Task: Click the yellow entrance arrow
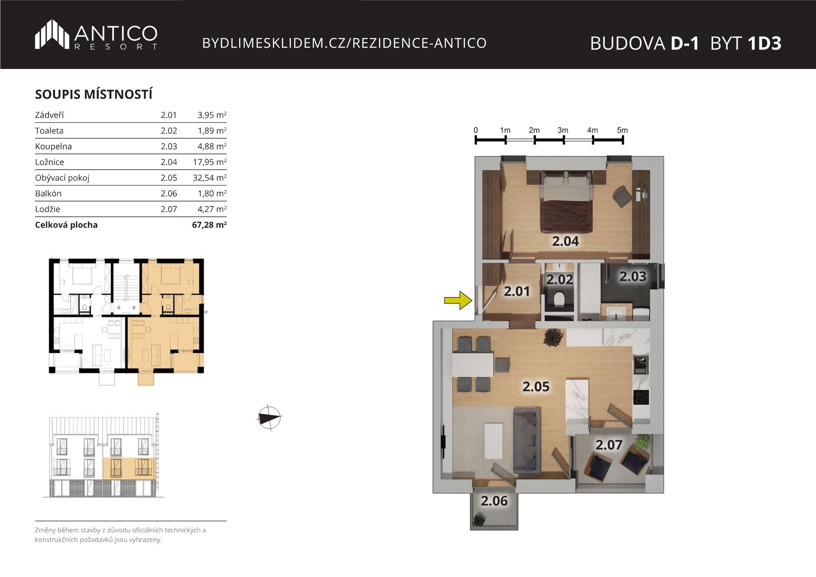[x=458, y=300]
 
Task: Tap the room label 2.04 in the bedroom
[x=565, y=241]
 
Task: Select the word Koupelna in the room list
[x=53, y=146]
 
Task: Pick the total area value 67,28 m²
[x=209, y=225]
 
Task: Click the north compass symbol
[x=269, y=418]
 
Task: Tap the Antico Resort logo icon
[x=52, y=34]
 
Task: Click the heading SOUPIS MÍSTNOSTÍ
[x=94, y=94]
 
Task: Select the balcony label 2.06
[x=494, y=501]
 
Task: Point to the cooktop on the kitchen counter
[x=641, y=397]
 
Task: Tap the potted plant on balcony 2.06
[x=479, y=519]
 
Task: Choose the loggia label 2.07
[x=609, y=445]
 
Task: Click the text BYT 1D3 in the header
[x=746, y=43]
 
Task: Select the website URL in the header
[x=344, y=43]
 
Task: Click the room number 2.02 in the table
[x=169, y=131]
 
